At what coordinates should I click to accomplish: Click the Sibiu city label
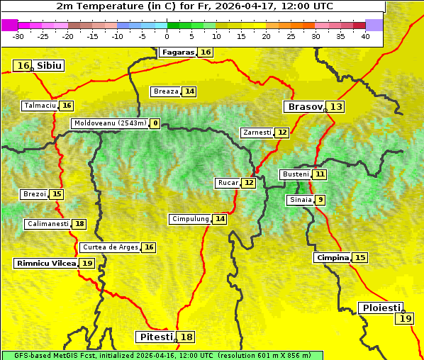(49, 66)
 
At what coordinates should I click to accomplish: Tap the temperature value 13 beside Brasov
(335, 107)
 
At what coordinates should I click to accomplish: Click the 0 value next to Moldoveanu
(155, 123)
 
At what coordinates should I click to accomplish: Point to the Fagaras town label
(177, 52)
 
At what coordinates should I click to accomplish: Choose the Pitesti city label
(155, 337)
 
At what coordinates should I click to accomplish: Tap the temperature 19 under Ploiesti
(406, 319)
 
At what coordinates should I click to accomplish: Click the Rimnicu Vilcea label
(45, 263)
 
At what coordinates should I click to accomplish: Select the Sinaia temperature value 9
(320, 200)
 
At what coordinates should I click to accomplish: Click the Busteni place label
(295, 174)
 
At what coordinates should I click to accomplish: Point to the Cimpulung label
(190, 219)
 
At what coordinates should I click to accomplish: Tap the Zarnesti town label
(256, 133)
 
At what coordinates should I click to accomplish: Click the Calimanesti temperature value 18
(79, 224)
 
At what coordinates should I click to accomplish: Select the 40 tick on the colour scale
(365, 36)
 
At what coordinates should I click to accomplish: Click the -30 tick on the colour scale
(18, 36)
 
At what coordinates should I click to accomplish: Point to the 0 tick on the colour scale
(167, 36)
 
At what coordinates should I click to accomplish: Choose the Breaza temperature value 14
(189, 91)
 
